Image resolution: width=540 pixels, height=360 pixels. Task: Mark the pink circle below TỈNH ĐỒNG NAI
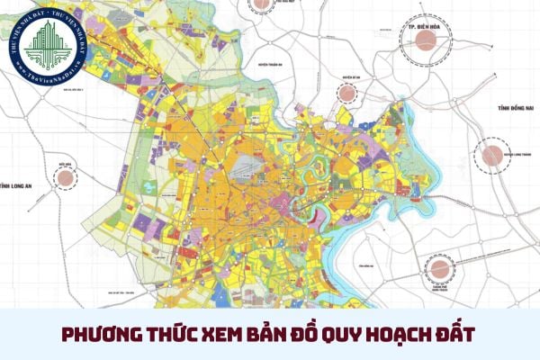point(492,155)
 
